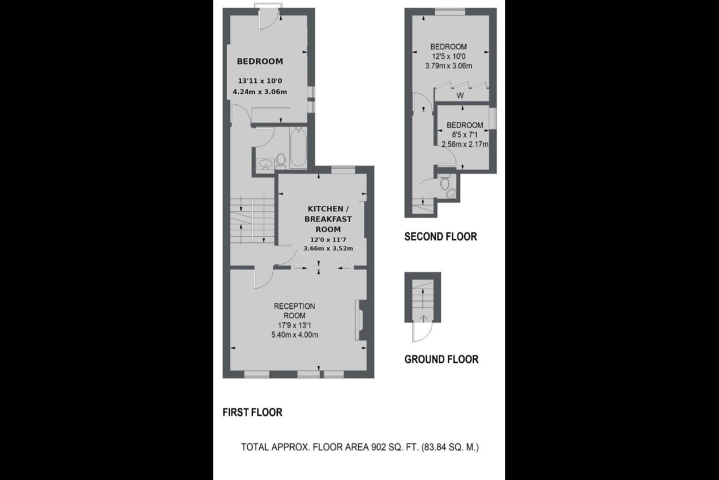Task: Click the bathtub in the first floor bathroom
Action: coord(298,147)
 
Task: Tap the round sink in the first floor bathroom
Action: coord(266,163)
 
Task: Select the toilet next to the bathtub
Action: coord(281,161)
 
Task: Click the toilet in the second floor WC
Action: coord(444,183)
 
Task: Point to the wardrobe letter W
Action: coord(460,95)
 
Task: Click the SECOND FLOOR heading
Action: coord(441,236)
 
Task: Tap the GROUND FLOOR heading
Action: coord(441,359)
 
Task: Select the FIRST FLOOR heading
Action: coord(252,412)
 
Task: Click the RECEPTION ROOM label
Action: coord(295,311)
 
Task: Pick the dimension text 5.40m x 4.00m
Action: coord(295,335)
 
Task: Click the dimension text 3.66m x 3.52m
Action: coord(328,248)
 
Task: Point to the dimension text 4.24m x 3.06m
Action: coord(260,92)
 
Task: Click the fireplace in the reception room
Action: coord(360,320)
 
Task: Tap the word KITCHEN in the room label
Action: coord(326,209)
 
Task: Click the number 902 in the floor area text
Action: coord(378,447)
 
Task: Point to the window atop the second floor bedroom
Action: coord(450,12)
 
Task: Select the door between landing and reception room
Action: coord(264,277)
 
